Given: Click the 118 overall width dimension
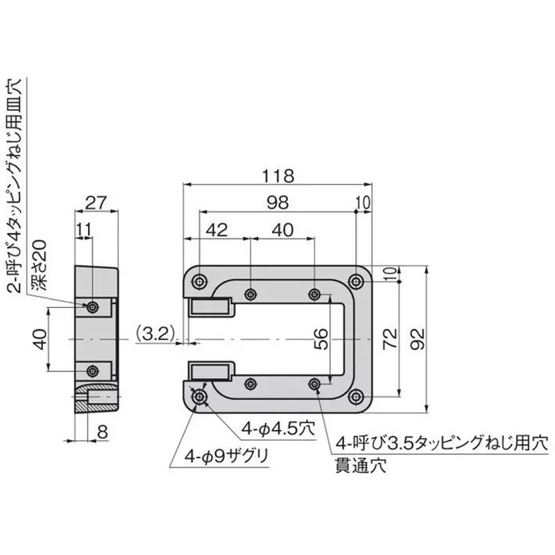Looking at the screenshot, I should [x=279, y=176].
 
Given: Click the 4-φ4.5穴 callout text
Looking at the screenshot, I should [x=276, y=429].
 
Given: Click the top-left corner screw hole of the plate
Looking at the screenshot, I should [x=200, y=280].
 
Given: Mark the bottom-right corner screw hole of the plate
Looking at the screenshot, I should [x=356, y=397].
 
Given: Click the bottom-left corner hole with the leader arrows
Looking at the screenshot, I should [x=200, y=397].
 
